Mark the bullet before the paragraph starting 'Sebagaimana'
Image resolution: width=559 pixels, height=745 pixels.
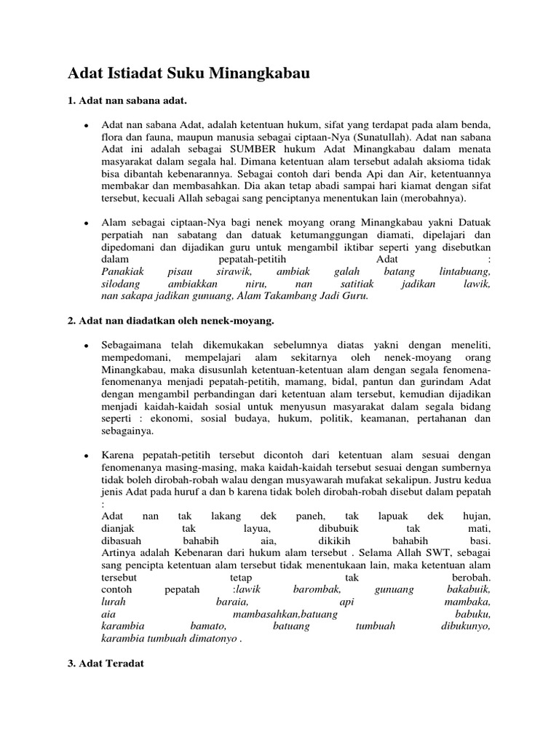coord(87,343)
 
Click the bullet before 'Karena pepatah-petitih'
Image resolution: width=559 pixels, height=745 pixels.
coord(87,455)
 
